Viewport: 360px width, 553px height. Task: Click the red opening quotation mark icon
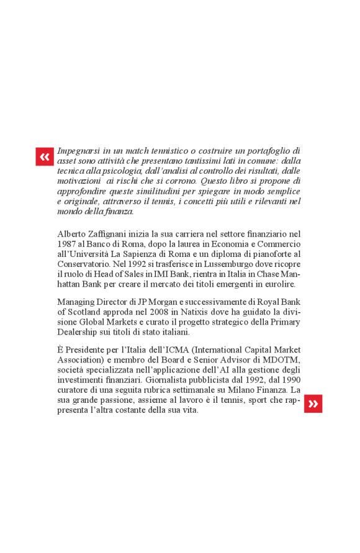(x=45, y=156)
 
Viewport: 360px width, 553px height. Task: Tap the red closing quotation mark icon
(x=313, y=404)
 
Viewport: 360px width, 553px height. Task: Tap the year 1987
(x=66, y=244)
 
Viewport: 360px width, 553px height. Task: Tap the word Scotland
(x=84, y=312)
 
